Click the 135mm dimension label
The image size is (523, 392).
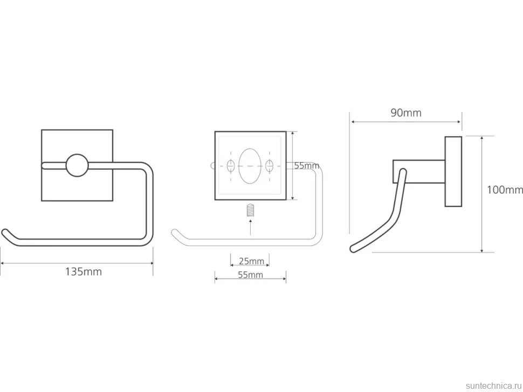click(x=84, y=272)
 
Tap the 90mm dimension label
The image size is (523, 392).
click(x=406, y=113)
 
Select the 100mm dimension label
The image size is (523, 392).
click(x=505, y=190)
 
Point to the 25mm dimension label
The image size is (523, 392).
click(x=251, y=261)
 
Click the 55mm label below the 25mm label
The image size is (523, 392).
click(x=251, y=275)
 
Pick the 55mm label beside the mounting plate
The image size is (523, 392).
click(x=307, y=165)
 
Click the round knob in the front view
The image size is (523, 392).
click(x=77, y=165)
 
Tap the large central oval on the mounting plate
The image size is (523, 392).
click(x=250, y=166)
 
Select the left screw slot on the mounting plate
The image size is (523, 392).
click(x=231, y=165)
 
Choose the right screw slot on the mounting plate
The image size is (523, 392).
click(x=270, y=165)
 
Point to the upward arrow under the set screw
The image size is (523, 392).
click(x=251, y=227)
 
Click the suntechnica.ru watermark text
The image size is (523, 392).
click(x=493, y=386)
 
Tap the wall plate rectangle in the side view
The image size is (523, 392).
click(x=453, y=172)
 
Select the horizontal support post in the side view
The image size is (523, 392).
click(x=419, y=172)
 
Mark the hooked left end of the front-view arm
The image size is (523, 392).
click(x=6, y=233)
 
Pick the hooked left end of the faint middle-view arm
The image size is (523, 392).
click(x=175, y=233)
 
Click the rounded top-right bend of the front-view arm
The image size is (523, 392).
click(x=148, y=167)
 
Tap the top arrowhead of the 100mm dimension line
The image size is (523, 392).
click(x=482, y=138)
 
